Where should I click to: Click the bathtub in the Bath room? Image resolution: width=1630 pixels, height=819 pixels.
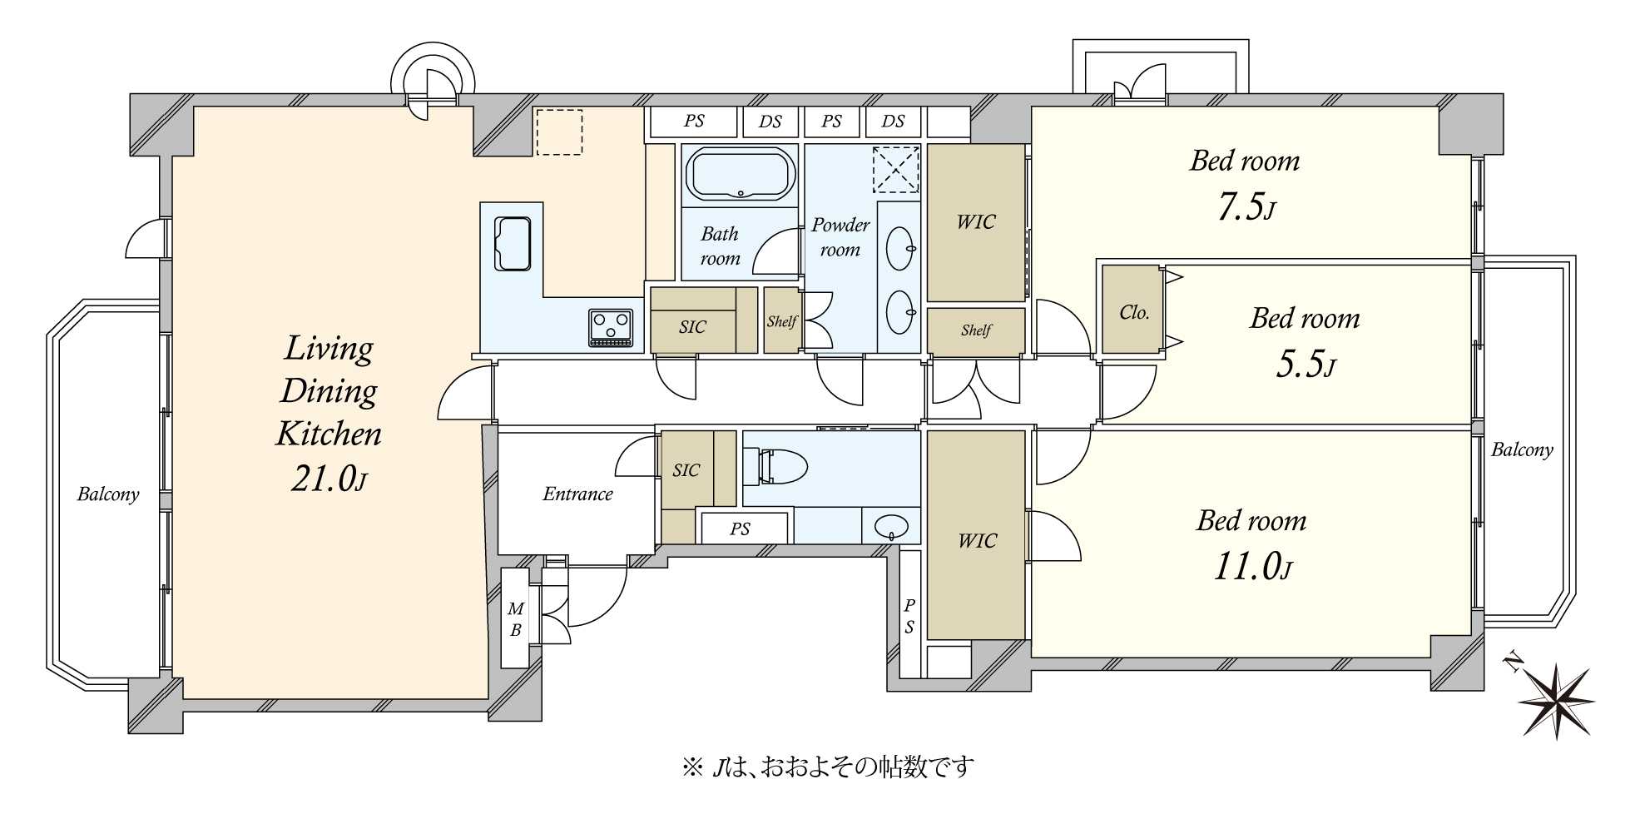click(x=740, y=174)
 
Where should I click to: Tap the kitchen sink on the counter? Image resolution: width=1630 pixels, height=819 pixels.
click(x=513, y=243)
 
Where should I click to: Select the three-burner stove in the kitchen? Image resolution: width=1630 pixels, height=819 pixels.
click(x=611, y=326)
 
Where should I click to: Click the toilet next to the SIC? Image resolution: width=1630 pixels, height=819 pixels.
click(x=778, y=466)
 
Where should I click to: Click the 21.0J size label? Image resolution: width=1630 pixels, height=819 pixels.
click(x=328, y=479)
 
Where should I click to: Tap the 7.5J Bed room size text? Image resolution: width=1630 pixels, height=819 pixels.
click(x=1245, y=206)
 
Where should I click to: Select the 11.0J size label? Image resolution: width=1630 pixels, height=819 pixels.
click(x=1251, y=568)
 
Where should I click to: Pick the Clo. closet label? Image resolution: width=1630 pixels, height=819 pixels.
click(x=1133, y=313)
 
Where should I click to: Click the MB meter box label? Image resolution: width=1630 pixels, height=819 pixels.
click(x=515, y=620)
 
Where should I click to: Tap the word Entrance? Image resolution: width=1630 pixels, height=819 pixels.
click(x=577, y=494)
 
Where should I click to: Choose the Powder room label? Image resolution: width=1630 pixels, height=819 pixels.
click(x=840, y=237)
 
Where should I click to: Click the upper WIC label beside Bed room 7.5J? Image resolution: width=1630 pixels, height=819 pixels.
click(x=975, y=222)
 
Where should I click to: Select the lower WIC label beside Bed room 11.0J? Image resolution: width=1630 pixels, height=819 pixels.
click(x=976, y=541)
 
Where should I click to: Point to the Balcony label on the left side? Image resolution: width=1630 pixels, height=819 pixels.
click(x=107, y=494)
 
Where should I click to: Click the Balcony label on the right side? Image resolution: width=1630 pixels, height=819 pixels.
click(x=1521, y=450)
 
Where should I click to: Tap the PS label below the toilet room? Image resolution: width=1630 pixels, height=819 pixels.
click(x=740, y=529)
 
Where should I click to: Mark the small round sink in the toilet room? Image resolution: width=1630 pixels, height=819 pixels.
click(x=891, y=525)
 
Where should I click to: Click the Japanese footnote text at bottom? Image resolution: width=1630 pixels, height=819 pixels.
click(x=827, y=767)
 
